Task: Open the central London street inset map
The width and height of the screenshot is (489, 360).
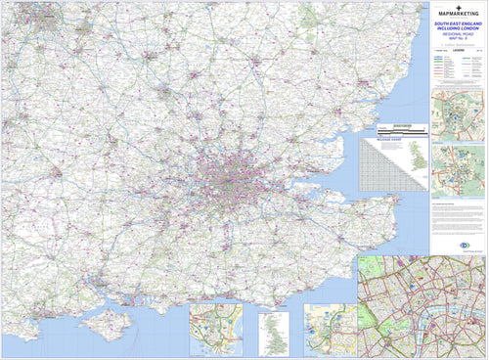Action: (x=421, y=305)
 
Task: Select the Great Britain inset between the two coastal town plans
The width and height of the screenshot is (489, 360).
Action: (x=274, y=333)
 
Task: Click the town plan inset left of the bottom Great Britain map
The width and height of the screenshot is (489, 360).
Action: (x=216, y=331)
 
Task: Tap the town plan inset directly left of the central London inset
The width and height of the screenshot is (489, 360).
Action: (x=329, y=331)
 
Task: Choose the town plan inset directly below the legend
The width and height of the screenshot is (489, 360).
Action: (x=458, y=115)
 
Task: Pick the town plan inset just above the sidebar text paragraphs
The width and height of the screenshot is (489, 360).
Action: (x=458, y=168)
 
